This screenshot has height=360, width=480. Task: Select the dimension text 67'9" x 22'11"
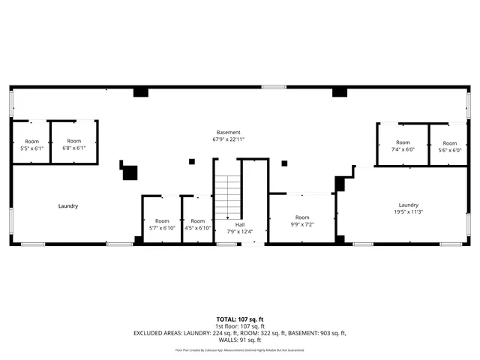point(229,139)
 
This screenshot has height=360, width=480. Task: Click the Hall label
point(240,224)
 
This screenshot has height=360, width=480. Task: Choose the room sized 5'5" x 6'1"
point(31,144)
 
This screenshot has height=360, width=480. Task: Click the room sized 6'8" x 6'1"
point(73,144)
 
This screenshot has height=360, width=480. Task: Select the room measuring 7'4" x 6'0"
point(403,145)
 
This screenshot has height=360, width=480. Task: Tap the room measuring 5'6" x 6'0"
point(449,146)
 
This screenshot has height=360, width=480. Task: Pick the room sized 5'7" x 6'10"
point(161,224)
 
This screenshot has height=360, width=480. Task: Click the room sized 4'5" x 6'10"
point(197,224)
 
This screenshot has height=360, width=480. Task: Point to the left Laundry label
point(68,205)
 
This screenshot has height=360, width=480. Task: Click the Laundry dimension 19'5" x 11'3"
point(408,211)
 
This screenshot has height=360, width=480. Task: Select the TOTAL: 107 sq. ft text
point(240,319)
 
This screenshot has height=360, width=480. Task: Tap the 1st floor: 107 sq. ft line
point(240,326)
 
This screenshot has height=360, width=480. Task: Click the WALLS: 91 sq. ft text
point(240,339)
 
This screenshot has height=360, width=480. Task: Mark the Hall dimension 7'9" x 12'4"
point(240,231)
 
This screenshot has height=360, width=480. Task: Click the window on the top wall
point(273,86)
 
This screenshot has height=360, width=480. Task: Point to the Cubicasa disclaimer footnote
point(240,349)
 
